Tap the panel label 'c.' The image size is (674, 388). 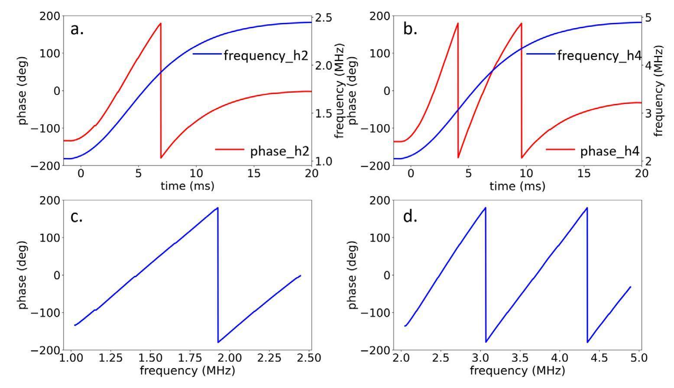pyautogui.click(x=77, y=216)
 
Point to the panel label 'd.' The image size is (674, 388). pyautogui.click(x=410, y=216)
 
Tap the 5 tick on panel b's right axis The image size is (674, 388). pyautogui.click(x=648, y=18)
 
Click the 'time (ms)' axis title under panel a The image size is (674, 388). pyautogui.click(x=187, y=186)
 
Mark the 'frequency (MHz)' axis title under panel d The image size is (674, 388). pyautogui.click(x=517, y=371)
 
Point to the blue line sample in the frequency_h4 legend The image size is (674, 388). pyautogui.click(x=541, y=54)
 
